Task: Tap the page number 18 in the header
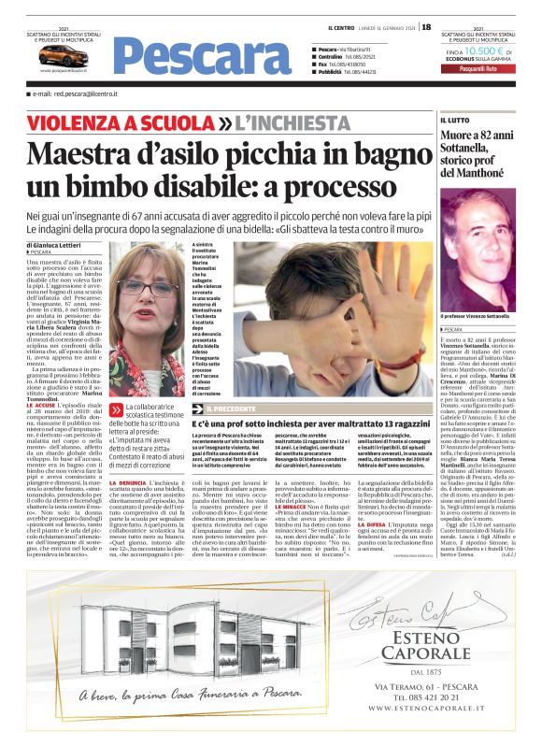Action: pos(426,27)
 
